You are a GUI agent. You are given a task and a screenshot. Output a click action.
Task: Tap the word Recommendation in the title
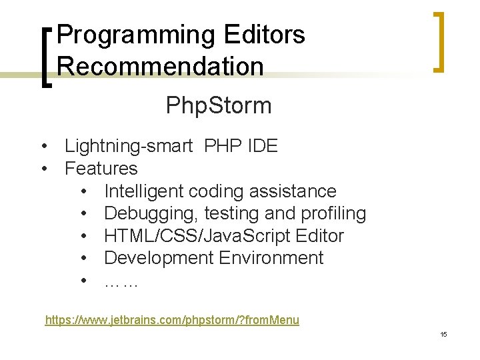click(x=160, y=66)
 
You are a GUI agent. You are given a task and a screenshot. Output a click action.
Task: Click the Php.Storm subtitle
click(x=219, y=105)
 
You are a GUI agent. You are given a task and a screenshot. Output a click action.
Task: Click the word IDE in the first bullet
click(x=262, y=147)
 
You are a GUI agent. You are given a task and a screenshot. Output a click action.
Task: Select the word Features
click(x=101, y=169)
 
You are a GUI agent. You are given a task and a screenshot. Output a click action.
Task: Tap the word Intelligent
click(x=144, y=191)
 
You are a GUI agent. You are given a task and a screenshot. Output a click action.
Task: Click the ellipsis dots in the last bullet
click(x=121, y=281)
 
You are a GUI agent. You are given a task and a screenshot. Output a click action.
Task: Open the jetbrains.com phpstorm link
click(x=172, y=320)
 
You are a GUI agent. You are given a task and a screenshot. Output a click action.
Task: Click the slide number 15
click(x=443, y=334)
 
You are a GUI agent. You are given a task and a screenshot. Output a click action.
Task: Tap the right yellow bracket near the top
click(x=439, y=41)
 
